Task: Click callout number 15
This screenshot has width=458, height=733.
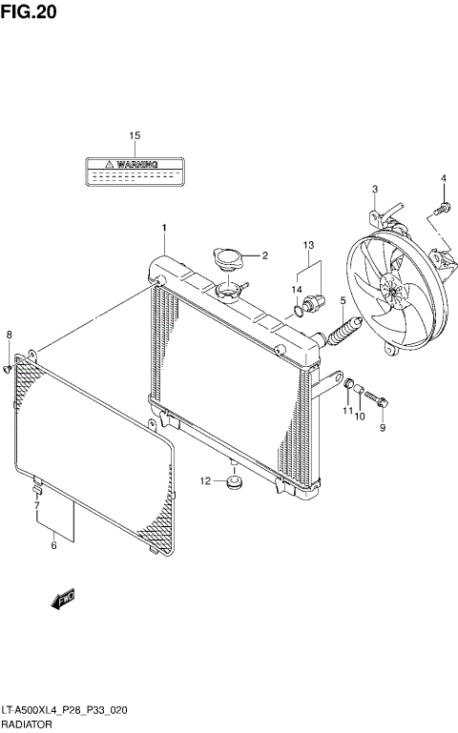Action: click(135, 136)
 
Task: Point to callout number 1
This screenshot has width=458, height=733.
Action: click(163, 227)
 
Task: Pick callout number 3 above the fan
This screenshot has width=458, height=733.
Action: click(375, 189)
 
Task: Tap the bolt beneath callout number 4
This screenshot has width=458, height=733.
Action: click(442, 207)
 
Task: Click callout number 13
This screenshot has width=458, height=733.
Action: click(307, 246)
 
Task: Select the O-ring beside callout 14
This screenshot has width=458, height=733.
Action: click(302, 307)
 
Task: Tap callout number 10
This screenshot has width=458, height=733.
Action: click(360, 416)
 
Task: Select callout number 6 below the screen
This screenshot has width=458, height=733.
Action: click(53, 545)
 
